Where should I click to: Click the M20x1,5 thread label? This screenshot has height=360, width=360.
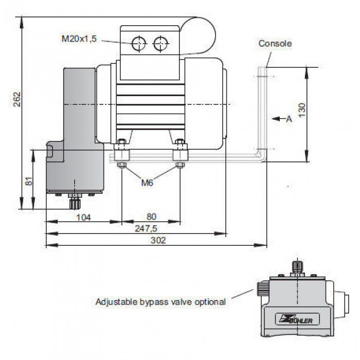pos(79,39)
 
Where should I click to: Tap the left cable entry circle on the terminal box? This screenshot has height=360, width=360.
pos(139,43)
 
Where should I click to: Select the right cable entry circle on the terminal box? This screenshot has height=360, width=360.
pos(160,43)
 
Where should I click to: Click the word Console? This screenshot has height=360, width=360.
pos(275,43)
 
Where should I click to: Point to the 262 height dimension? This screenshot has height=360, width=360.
pos(17,99)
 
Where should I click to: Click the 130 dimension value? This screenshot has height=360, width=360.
pos(302,110)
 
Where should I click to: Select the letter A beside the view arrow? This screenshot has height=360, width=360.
pos(289,119)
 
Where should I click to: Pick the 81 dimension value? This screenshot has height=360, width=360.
pos(29,181)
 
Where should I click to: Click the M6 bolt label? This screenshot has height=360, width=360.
pos(147,183)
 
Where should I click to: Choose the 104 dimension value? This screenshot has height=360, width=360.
pos(83,217)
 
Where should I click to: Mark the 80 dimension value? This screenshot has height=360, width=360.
pos(151,217)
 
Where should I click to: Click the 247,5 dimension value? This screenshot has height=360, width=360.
pos(146,228)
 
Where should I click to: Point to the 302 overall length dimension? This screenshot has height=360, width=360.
pos(158,240)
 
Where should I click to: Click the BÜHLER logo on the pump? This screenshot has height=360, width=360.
pos(297,319)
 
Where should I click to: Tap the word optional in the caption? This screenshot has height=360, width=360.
pos(210,302)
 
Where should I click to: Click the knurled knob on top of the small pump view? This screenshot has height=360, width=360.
pos(298,266)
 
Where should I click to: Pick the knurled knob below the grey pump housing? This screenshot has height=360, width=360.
pos(75,204)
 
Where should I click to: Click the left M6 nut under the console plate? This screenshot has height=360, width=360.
pos(121,165)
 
